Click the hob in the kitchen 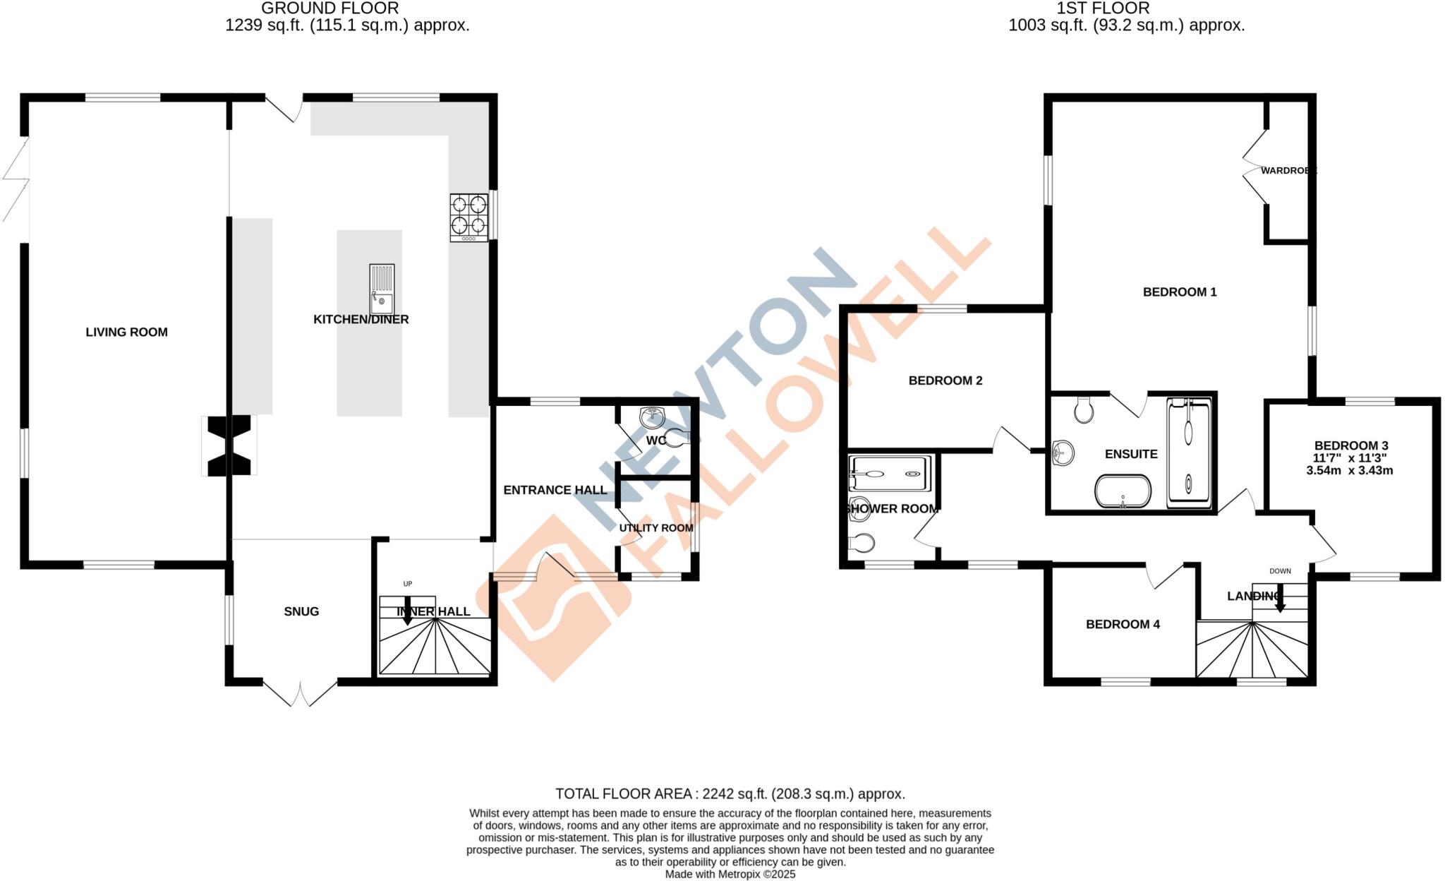pyautogui.click(x=469, y=217)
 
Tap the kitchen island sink pyautogui.click(x=382, y=289)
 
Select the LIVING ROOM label pyautogui.click(x=127, y=332)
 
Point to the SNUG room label pyautogui.click(x=301, y=611)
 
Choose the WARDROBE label pyautogui.click(x=1288, y=171)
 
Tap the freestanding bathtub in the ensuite pyautogui.click(x=1123, y=491)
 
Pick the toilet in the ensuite pyautogui.click(x=1084, y=409)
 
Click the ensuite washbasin pyautogui.click(x=1062, y=453)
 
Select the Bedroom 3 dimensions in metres pyautogui.click(x=1350, y=471)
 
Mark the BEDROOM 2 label pyautogui.click(x=945, y=380)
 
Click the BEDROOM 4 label pyautogui.click(x=1123, y=624)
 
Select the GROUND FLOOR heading pyautogui.click(x=329, y=8)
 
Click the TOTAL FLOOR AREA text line pyautogui.click(x=730, y=794)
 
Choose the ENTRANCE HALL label pyautogui.click(x=555, y=490)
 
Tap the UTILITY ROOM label pyautogui.click(x=655, y=528)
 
